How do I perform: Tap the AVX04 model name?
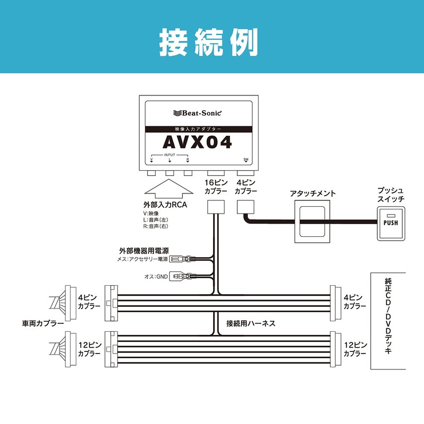tap(197, 143)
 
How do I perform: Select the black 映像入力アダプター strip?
tap(197, 129)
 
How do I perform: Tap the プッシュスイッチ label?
tap(391, 193)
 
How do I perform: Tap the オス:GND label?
tap(156, 276)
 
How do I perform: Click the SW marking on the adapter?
tap(246, 159)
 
